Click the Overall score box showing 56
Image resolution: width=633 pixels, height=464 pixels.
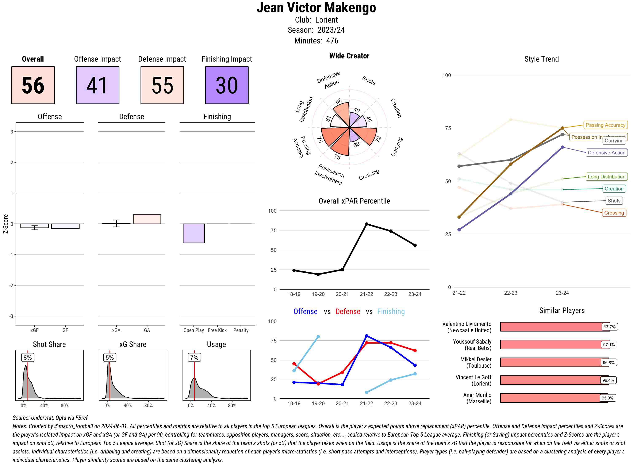point(33,85)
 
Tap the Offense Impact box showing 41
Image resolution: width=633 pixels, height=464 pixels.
point(97,85)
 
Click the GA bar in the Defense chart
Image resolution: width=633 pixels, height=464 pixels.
point(147,219)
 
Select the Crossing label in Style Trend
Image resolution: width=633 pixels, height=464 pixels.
point(614,213)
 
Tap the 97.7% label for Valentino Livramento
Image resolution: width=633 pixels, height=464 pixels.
point(609,327)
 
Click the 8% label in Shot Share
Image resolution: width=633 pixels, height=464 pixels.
point(27,357)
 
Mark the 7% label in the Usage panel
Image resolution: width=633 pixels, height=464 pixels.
point(194,357)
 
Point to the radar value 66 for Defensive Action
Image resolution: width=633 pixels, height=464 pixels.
point(339,101)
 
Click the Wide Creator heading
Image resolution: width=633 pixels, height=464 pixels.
point(349,56)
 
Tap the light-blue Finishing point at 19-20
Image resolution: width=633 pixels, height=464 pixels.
point(318,336)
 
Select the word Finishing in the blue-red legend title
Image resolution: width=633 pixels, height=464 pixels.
point(391,312)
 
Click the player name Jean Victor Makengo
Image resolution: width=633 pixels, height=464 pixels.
point(316,8)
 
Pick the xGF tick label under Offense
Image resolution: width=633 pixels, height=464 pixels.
point(34,330)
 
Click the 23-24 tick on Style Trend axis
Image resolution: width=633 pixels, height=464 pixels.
point(562,293)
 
